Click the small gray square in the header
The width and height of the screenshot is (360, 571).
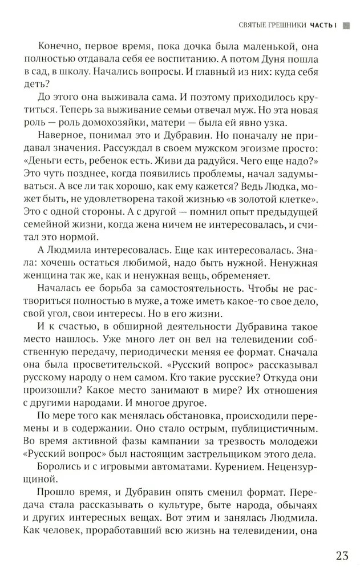(x=345, y=25)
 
